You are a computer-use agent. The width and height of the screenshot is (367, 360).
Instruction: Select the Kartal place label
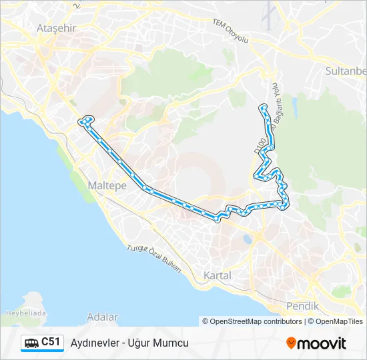(x=218, y=275)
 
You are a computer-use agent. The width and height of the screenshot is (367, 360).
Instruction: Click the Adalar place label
(x=102, y=317)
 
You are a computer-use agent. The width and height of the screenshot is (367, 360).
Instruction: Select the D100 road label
(x=260, y=147)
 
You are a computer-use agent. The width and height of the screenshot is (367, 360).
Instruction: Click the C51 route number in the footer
(x=51, y=342)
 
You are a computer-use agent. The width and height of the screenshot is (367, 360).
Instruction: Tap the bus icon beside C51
(x=31, y=343)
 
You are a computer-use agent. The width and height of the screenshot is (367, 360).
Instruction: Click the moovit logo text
(x=322, y=343)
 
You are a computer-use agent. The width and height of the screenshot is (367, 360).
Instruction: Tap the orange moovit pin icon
(x=291, y=343)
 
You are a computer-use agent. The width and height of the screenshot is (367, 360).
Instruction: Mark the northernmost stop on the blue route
(x=264, y=107)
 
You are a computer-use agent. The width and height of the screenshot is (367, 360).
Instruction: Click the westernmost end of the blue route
(x=81, y=122)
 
